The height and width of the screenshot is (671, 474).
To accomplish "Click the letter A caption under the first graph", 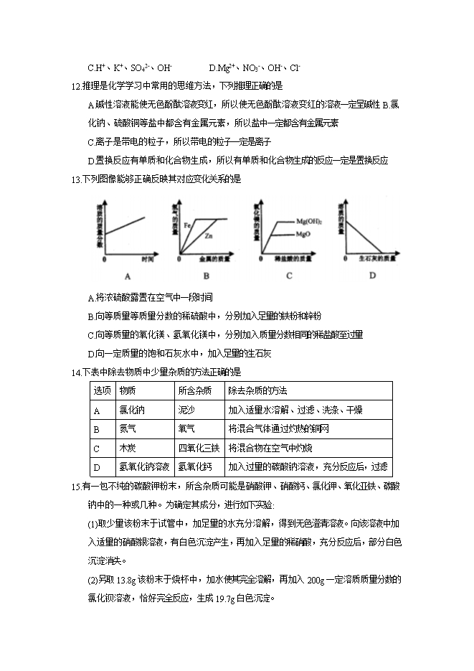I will pos(127,276).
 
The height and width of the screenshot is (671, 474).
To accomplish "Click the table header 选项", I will pos(102,390).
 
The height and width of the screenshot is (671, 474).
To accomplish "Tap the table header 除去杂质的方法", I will pos(257,390).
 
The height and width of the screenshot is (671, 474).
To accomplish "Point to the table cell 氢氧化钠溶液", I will pos(144,466).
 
